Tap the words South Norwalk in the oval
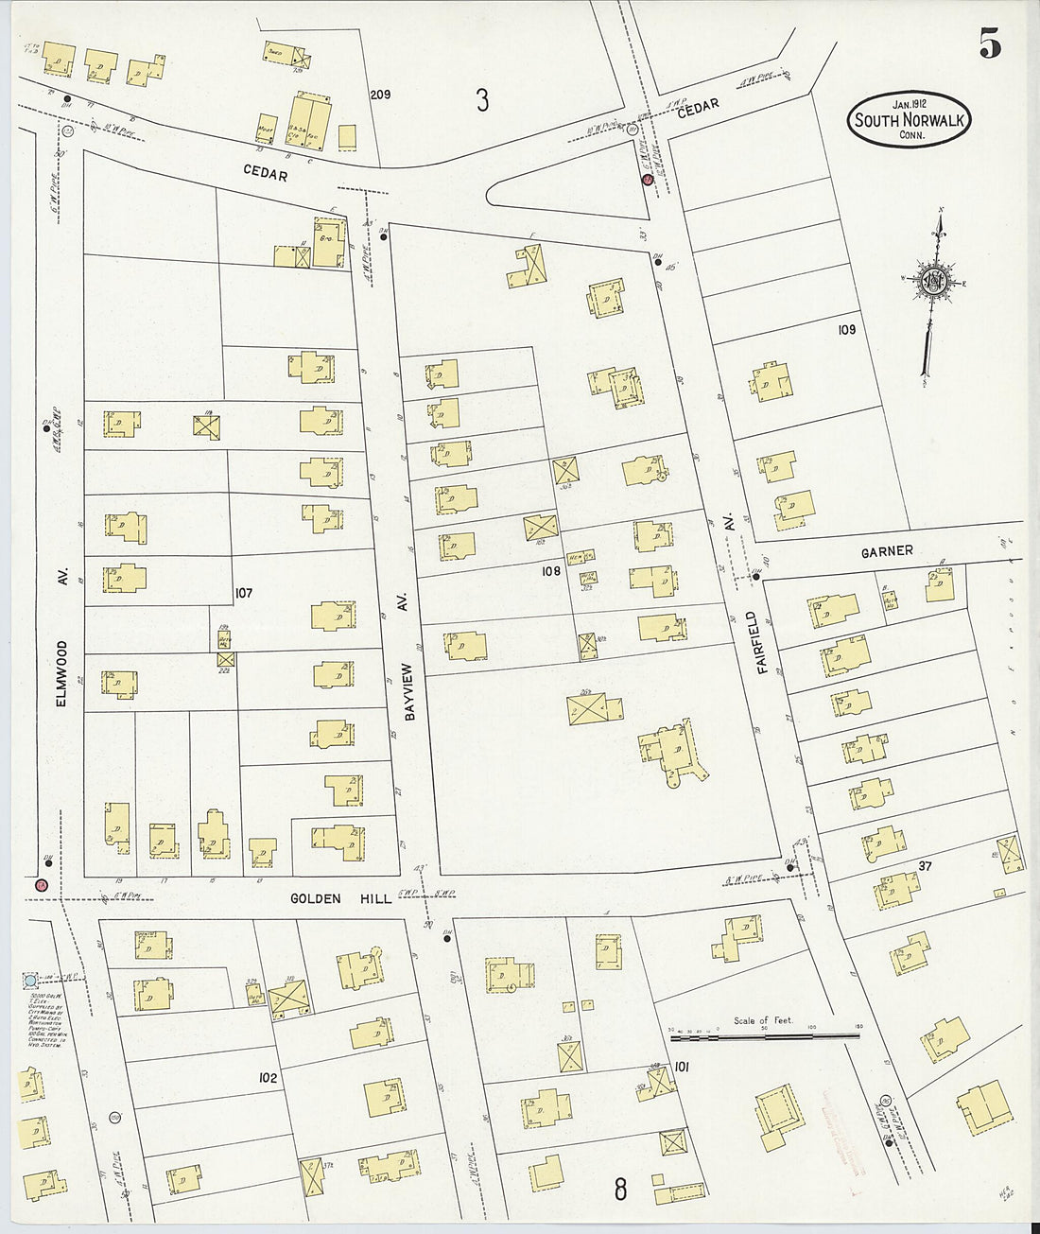(x=909, y=120)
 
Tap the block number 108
(x=551, y=571)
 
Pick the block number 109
(x=845, y=329)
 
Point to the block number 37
(x=927, y=866)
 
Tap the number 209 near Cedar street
(x=380, y=95)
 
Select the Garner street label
(x=886, y=550)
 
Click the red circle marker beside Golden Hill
(x=41, y=885)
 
